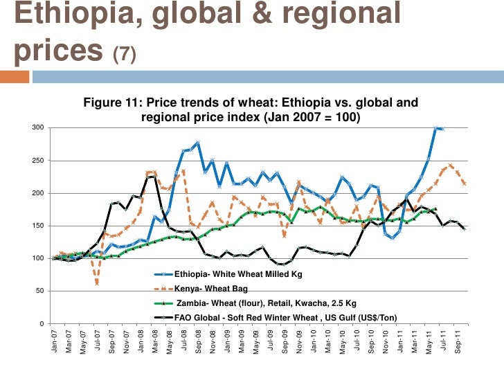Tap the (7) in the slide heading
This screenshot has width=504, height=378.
point(127,54)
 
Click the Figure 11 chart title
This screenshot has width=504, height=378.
point(251,110)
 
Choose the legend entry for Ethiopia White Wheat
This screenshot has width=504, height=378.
point(238,274)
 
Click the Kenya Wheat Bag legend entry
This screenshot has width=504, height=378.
point(210,288)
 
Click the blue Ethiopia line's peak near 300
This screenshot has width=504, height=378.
point(436,128)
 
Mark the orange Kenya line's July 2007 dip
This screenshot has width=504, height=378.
point(97,283)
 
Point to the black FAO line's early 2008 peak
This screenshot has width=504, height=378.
point(153,177)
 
